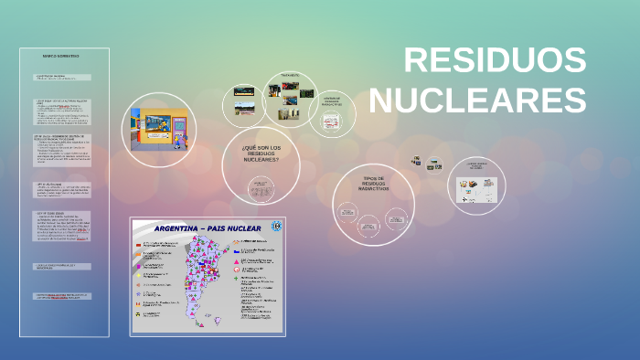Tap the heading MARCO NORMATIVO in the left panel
(x=61, y=57)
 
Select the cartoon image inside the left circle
(x=159, y=126)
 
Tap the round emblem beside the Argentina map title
(x=277, y=227)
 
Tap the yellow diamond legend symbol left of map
(x=139, y=274)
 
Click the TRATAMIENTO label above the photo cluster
(x=290, y=75)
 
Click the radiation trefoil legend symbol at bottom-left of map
(x=139, y=315)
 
